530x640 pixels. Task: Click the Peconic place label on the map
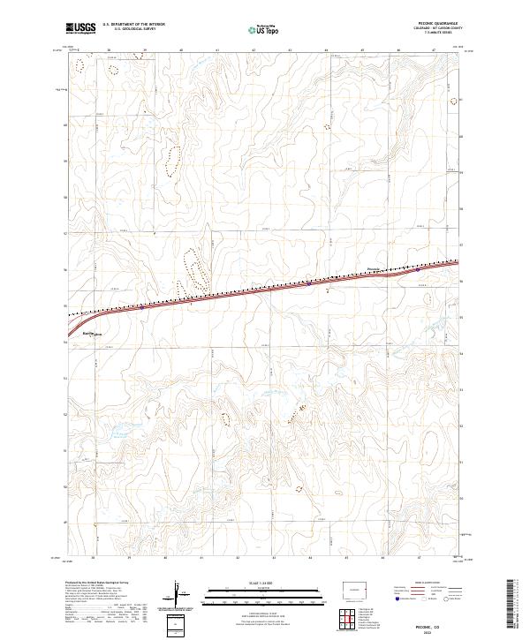[372, 267]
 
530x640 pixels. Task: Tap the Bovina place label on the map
[88, 333]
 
